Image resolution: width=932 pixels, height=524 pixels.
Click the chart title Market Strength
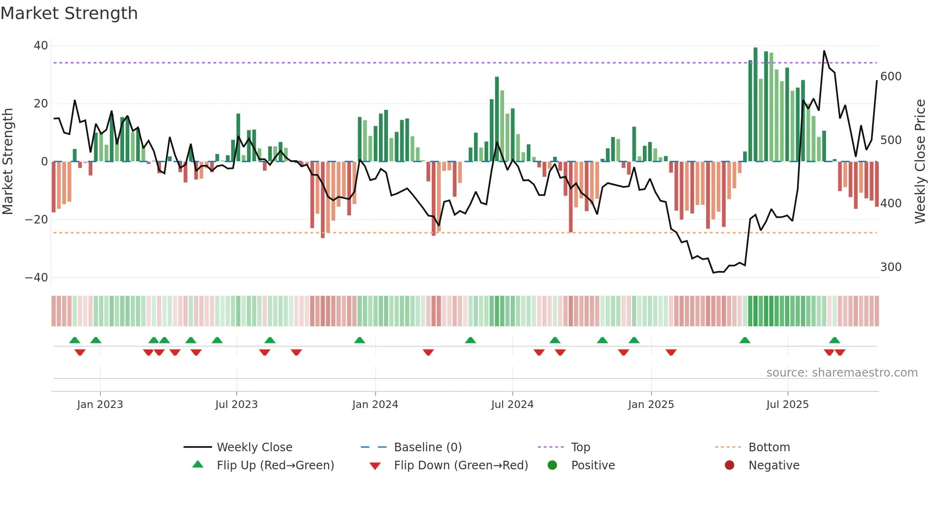[x=69, y=13]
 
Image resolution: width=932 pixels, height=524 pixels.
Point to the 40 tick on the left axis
[x=41, y=46]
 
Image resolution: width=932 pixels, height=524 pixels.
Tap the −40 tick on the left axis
[x=37, y=278]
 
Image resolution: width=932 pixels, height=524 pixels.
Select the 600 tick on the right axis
[x=891, y=77]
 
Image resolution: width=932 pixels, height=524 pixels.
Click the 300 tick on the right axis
[x=891, y=267]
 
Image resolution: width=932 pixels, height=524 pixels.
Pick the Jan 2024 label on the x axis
[x=375, y=405]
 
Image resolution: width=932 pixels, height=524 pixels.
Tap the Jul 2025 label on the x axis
[x=787, y=405]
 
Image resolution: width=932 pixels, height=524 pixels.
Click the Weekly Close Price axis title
[x=920, y=162]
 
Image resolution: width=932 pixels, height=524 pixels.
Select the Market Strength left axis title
[x=8, y=162]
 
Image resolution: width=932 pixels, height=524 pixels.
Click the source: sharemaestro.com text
[x=842, y=373]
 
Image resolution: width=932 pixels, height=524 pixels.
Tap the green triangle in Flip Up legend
[x=198, y=465]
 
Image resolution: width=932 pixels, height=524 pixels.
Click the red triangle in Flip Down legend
[x=375, y=466]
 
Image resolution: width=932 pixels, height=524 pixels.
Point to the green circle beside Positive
[x=552, y=465]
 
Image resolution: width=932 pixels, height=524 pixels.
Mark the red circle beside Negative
[x=729, y=465]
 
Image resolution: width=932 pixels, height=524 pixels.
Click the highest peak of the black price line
[x=824, y=51]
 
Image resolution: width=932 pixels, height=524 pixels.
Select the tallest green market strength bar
[x=756, y=105]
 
